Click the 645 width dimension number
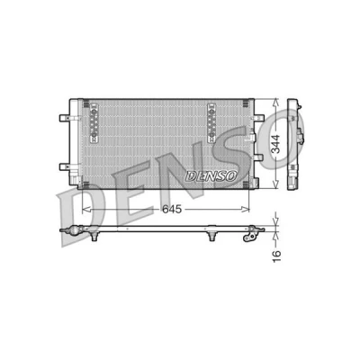coord(172,209)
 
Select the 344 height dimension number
coord(275,144)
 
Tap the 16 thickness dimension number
coord(276,256)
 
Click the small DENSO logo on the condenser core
coord(211,176)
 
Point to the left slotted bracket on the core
coord(94,122)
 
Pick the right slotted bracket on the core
coord(211,122)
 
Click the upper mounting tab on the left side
coord(66,118)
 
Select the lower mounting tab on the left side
coord(66,166)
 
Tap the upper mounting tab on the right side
coord(258,117)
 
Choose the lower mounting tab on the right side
coord(258,157)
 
